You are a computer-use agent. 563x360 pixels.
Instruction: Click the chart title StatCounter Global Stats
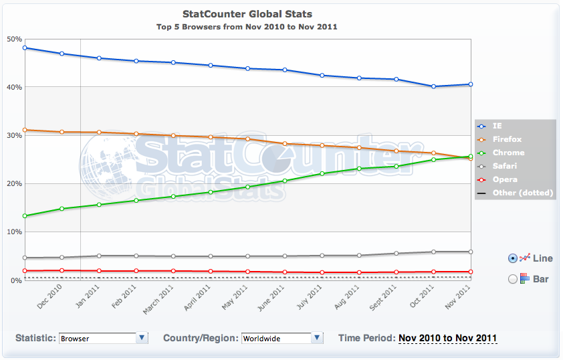click(x=247, y=14)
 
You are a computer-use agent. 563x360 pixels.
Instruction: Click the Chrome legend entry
click(x=509, y=153)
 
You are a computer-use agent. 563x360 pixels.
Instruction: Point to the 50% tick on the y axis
click(x=14, y=39)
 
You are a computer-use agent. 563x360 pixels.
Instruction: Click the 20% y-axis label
click(x=14, y=183)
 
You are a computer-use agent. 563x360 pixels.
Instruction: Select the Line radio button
click(x=513, y=258)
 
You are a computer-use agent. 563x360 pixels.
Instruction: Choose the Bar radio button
click(x=513, y=279)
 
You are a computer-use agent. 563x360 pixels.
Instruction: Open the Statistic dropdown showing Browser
click(x=104, y=338)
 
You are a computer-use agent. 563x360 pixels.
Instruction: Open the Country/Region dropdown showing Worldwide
click(x=281, y=338)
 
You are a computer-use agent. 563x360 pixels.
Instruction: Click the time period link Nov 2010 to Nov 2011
click(x=447, y=338)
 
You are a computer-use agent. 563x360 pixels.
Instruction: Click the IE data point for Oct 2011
click(x=433, y=86)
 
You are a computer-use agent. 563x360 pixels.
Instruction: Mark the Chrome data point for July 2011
click(x=322, y=173)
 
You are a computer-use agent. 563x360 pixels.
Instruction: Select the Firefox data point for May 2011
click(x=247, y=139)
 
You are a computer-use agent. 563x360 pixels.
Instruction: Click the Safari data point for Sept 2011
click(x=397, y=254)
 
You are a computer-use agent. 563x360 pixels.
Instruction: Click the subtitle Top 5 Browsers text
click(x=247, y=27)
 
